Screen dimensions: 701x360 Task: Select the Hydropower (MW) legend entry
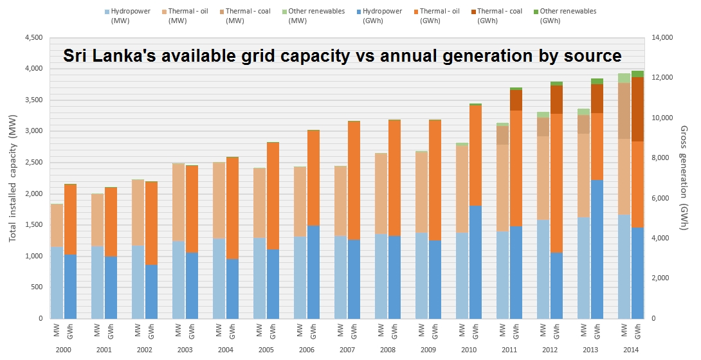pos(127,15)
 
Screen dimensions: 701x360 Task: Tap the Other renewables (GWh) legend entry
pos(565,15)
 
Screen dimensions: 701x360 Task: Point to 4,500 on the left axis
pos(33,37)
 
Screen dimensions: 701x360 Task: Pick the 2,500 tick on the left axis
pos(33,162)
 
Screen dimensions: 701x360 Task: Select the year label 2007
pos(347,350)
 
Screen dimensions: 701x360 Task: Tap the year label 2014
pos(631,350)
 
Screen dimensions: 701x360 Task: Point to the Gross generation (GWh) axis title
pos(684,178)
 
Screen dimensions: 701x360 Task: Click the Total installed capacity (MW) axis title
pos(12,179)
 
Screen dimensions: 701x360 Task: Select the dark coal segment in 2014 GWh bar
pos(637,109)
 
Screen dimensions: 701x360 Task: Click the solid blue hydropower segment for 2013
pos(597,249)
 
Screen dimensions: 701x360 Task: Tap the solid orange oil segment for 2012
pos(556,183)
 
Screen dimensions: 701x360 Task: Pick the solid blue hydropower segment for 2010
pos(475,262)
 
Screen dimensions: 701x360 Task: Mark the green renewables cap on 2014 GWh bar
pos(637,74)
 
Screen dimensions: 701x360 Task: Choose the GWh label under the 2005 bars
pos(273,332)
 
